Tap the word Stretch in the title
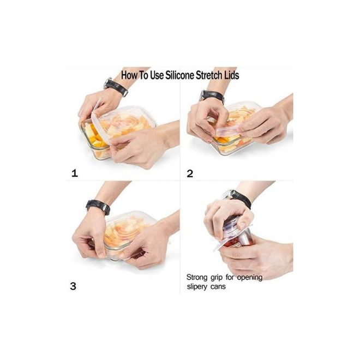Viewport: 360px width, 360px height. coord(209,75)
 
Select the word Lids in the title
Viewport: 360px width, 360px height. coord(232,75)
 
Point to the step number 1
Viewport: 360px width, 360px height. coord(75,173)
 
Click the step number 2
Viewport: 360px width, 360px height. coord(190,173)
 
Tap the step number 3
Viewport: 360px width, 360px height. coord(73,286)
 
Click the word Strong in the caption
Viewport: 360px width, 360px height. coord(197,277)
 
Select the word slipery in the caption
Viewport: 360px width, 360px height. coord(197,287)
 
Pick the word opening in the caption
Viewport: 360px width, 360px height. coord(250,278)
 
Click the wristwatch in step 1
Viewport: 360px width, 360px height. coord(116,87)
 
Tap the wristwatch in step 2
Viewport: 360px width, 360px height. coord(212,96)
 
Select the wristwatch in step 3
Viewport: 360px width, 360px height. coord(98,206)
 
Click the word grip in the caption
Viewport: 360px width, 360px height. coord(217,278)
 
